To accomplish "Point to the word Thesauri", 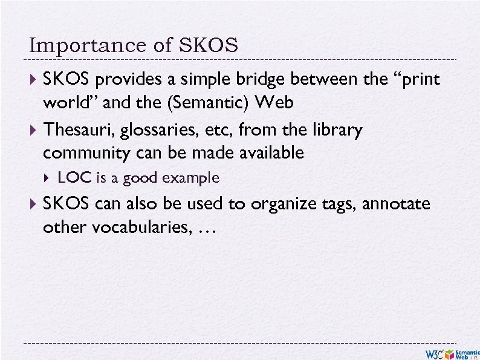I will tap(76, 130).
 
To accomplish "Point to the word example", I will tap(190, 178).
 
